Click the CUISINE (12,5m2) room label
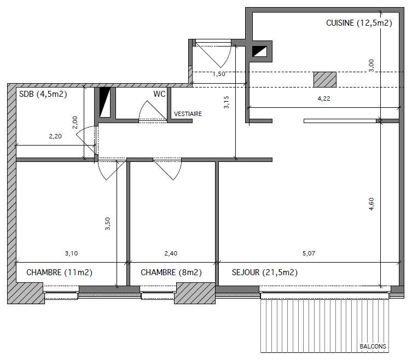(x=359, y=23)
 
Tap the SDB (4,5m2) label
(x=43, y=94)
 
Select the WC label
(x=159, y=94)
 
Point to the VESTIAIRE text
(x=188, y=114)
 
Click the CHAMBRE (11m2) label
(x=59, y=272)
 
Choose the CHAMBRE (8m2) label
(x=171, y=272)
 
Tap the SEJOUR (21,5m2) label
(x=265, y=272)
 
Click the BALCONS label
(x=373, y=346)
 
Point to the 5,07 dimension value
(x=309, y=253)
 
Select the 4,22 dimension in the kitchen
(x=324, y=98)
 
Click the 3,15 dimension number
(x=227, y=102)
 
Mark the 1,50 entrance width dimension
(x=219, y=74)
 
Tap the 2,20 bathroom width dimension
(x=55, y=136)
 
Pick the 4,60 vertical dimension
(x=371, y=204)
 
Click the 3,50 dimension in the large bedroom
(x=107, y=223)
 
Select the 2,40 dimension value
(x=171, y=253)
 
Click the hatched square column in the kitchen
(x=324, y=79)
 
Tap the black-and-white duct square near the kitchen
(x=260, y=51)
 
